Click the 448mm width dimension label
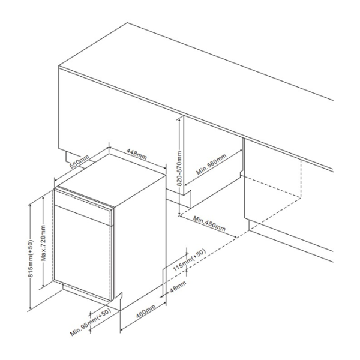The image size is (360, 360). click(x=136, y=154)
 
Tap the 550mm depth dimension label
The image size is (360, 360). click(x=79, y=161)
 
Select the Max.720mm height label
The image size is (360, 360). click(x=43, y=243)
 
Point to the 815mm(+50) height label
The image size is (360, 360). click(x=31, y=258)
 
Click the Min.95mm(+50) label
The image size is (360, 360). click(x=91, y=322)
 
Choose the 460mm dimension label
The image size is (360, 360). click(x=146, y=311)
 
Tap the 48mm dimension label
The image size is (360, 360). click(x=178, y=286)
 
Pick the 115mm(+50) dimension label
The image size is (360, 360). click(x=189, y=260)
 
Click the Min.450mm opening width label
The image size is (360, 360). click(x=209, y=223)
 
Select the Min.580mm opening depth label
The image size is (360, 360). click(x=211, y=164)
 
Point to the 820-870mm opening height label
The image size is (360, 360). click(x=179, y=168)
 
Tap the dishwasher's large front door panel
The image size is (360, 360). click(x=83, y=252)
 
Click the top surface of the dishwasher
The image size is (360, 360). click(x=112, y=179)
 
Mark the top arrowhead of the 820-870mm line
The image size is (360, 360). click(x=179, y=118)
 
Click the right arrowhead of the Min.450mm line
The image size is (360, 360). click(x=235, y=237)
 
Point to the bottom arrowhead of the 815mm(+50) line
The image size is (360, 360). click(x=31, y=308)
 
